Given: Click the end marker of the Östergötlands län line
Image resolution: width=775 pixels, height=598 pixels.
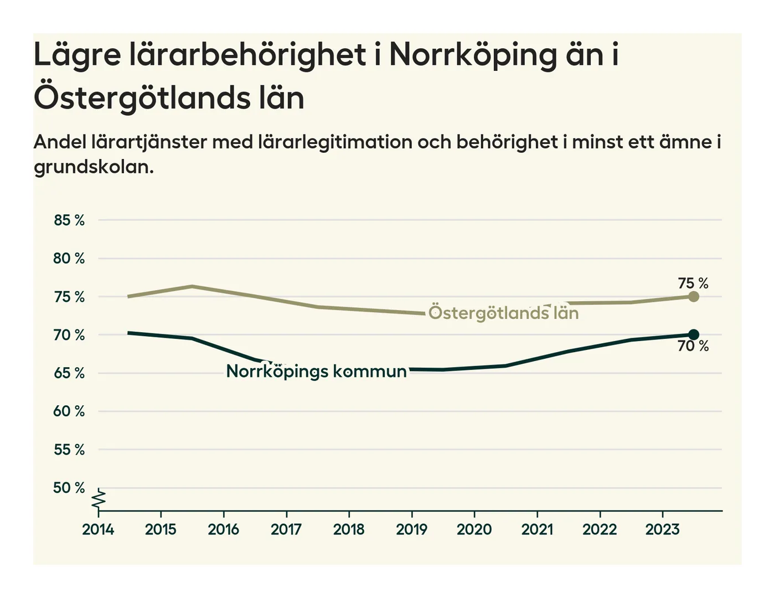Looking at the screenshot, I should coord(693,296).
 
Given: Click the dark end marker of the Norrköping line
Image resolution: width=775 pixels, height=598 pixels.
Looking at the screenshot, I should coord(693,334).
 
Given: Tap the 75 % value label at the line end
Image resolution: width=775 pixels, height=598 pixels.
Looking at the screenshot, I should coord(693,283).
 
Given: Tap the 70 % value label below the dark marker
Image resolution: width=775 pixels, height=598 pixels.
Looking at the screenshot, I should coord(693,347).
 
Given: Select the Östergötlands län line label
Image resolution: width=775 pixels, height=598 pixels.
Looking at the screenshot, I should coord(503,313).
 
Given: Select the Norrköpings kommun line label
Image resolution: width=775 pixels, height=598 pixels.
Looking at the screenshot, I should coord(317,371).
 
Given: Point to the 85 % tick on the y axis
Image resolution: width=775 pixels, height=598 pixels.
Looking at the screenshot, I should coord(69,220).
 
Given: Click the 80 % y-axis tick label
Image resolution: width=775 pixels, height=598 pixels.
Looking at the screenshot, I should coord(69,259).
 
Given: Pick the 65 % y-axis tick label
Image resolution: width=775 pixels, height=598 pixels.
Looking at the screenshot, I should coord(69,373).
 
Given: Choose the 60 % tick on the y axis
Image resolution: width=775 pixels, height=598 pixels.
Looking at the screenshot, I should coord(69,411).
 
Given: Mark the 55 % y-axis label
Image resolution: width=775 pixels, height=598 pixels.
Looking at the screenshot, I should coord(69,450).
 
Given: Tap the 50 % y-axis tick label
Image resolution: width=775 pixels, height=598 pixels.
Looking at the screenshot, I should coord(69,488).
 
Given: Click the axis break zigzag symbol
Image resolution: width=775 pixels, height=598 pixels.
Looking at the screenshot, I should coord(99,499).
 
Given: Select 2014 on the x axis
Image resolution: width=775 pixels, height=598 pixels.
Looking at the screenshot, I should coord(98,530).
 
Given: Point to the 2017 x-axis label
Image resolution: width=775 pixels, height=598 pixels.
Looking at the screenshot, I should coord(286,530).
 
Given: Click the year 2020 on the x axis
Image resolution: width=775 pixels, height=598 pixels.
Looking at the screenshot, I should coord(474,530).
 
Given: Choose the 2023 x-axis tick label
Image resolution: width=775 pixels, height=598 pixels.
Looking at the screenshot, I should coord(663,530).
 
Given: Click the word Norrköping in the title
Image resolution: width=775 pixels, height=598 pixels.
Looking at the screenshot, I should coord(473,55).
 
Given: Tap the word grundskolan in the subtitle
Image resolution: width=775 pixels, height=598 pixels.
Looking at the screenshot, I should coord(94,167).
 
